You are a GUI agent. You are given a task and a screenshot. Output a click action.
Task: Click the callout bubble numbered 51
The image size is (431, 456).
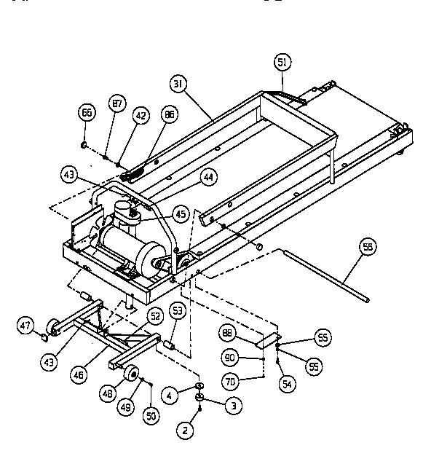pyautogui.click(x=282, y=63)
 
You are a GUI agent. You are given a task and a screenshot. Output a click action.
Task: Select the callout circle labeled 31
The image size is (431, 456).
pyautogui.click(x=177, y=84)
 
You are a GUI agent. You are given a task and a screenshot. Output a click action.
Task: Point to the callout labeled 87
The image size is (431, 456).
pyautogui.click(x=116, y=104)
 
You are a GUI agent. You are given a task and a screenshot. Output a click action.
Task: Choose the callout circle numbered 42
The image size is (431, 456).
pyautogui.click(x=141, y=114)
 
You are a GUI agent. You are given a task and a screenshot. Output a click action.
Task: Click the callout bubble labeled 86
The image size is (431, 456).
pyautogui.click(x=170, y=115)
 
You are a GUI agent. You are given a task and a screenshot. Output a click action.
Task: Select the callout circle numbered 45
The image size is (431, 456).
pyautogui.click(x=180, y=213)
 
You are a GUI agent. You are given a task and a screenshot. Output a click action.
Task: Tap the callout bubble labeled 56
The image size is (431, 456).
pyautogui.click(x=368, y=248)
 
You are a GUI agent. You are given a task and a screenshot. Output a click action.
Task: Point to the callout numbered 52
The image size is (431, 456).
pyautogui.click(x=154, y=315)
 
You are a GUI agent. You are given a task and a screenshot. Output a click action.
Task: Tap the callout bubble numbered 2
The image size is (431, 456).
pyautogui.click(x=185, y=431)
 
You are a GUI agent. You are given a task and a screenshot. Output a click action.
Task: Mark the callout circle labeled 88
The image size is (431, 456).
pyautogui.click(x=227, y=334)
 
